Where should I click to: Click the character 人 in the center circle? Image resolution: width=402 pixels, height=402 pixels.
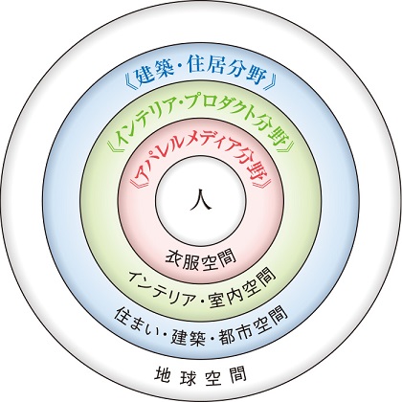(x=201, y=199)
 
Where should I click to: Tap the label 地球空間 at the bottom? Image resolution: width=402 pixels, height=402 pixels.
(x=201, y=375)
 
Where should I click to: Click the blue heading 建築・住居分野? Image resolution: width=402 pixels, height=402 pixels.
(x=201, y=77)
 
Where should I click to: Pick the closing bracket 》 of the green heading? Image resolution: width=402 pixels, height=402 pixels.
(x=290, y=145)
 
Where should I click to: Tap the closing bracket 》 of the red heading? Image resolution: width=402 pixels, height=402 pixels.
(x=267, y=181)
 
